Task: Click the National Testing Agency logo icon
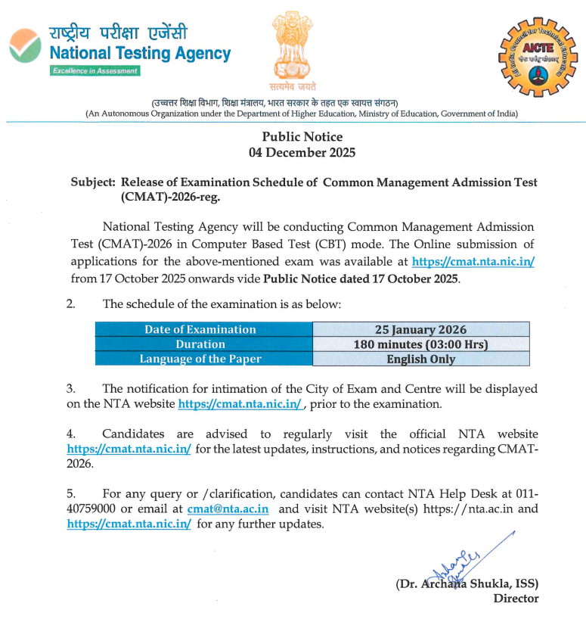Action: pyautogui.click(x=25, y=48)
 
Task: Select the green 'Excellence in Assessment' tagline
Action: pyautogui.click(x=95, y=70)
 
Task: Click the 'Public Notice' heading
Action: pyautogui.click(x=302, y=137)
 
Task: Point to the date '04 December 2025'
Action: pyautogui.click(x=302, y=152)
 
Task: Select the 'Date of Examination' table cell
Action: pyautogui.click(x=200, y=329)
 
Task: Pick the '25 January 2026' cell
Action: pyautogui.click(x=420, y=329)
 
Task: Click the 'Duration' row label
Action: pyautogui.click(x=200, y=344)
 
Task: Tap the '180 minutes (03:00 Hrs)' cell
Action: pyautogui.click(x=420, y=344)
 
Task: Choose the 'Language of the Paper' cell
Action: pyautogui.click(x=200, y=359)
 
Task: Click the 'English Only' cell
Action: pyautogui.click(x=420, y=359)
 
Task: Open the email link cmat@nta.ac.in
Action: pyautogui.click(x=228, y=509)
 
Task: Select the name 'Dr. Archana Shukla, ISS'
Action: pyautogui.click(x=467, y=584)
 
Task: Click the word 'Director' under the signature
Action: pyautogui.click(x=516, y=599)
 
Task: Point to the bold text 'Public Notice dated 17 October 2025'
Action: pyautogui.click(x=361, y=278)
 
